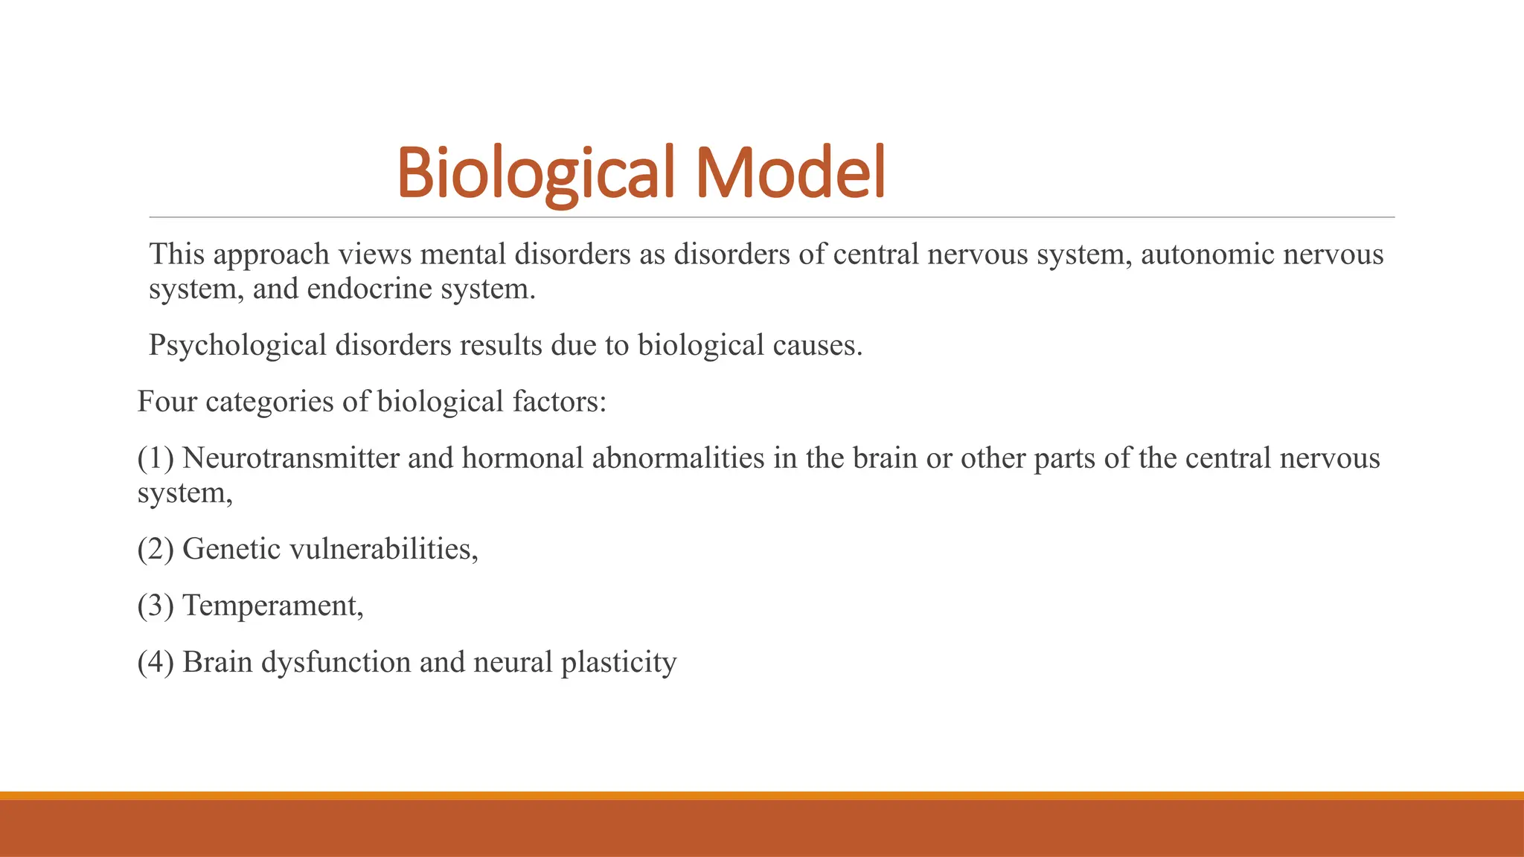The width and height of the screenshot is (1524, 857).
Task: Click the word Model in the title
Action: click(x=790, y=173)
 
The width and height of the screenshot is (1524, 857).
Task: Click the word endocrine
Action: click(x=369, y=289)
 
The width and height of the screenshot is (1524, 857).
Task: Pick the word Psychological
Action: click(x=237, y=345)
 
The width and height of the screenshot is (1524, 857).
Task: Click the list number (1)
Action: click(x=156, y=458)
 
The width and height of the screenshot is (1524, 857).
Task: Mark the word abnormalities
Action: click(x=678, y=458)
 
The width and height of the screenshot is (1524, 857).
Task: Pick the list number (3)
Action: click(x=156, y=606)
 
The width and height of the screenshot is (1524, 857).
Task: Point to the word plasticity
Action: click(x=618, y=662)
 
